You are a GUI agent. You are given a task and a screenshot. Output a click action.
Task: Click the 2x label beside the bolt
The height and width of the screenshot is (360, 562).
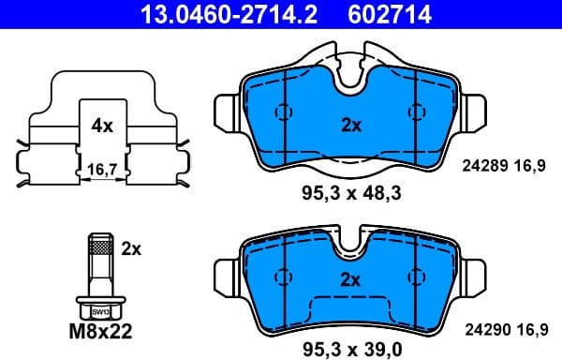coord(131,248)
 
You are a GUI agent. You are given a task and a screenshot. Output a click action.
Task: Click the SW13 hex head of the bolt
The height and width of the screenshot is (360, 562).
coord(98,309)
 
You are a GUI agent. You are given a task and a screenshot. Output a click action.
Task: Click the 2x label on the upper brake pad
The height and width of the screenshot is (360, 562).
coord(350,125)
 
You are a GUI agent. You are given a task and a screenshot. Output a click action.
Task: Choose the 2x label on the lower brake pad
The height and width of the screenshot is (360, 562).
coord(350,279)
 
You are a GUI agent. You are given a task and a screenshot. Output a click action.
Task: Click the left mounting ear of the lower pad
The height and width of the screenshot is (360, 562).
coord(229,273)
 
